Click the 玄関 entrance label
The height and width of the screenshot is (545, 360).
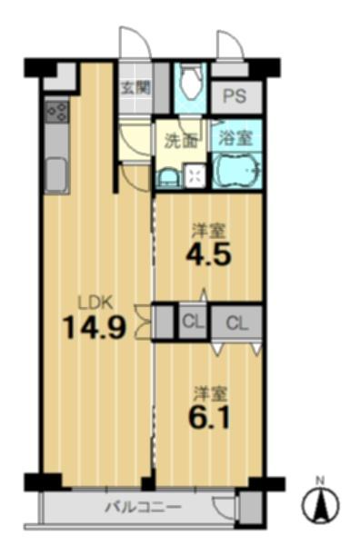point(135,88)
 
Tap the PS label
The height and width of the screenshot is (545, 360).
point(235,95)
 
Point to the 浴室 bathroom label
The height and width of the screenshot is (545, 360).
point(235,139)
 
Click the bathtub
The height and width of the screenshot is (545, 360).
point(236,171)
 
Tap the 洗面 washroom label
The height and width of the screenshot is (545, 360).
point(181,141)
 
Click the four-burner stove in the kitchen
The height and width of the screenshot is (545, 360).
point(57,111)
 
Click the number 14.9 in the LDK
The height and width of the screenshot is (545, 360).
point(94,327)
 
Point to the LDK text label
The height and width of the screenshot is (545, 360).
point(95,303)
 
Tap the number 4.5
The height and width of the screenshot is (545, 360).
point(209,254)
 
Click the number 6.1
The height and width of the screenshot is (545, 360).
point(209,416)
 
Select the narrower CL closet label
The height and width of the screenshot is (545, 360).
point(193,322)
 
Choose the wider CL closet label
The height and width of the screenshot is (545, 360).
point(237,323)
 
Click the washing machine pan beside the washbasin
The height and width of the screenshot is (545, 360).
point(195,175)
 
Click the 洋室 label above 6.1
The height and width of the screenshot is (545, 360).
point(210,393)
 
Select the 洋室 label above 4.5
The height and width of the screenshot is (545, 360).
point(209,231)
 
